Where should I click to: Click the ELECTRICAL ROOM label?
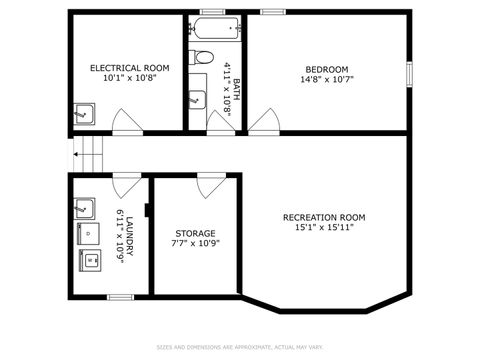130,68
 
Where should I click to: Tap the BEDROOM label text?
328,69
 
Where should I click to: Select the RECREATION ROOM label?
324,217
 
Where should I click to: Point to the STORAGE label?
195,233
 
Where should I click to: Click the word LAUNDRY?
129,236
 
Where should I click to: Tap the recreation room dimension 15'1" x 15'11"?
324,227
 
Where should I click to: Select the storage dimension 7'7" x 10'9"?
195,243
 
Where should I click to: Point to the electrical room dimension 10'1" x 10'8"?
130,78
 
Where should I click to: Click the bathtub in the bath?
213,28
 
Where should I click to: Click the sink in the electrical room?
83,112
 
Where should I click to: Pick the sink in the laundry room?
86,208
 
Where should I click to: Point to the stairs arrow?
76,155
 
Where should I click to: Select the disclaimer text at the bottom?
240,347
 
